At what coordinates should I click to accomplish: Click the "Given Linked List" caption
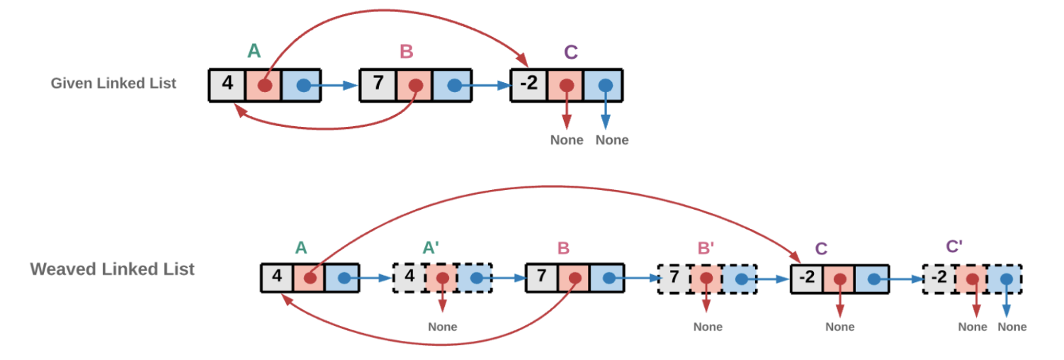coord(113,83)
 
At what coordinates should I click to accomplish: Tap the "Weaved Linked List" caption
coord(112,269)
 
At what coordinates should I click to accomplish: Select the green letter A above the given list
coord(254,51)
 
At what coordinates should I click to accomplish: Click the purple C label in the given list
coord(571,52)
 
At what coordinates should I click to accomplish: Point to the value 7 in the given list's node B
coord(378,84)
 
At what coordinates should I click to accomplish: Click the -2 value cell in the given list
coord(528,84)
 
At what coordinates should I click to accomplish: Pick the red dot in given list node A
coord(264,85)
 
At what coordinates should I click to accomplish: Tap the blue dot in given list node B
coord(454,85)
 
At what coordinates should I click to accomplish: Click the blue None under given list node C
coord(612,140)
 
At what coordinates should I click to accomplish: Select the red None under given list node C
coord(567,140)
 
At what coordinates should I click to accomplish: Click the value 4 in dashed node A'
coord(409,277)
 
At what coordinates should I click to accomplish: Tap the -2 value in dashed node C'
coord(939,277)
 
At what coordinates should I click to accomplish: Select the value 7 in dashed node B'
coord(674,277)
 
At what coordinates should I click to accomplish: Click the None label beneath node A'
coord(443,327)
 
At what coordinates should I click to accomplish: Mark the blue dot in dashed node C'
coord(1006,279)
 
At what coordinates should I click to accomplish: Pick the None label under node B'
coord(708,327)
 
